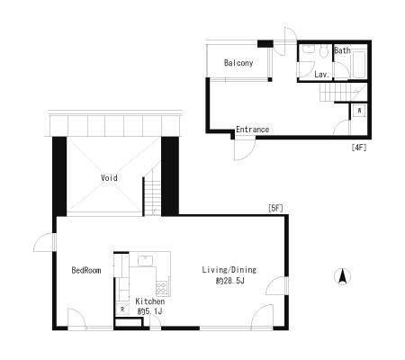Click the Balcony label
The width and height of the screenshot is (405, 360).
[238, 63]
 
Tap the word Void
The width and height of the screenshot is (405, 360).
[109, 178]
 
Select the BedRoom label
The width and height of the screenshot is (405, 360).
[86, 270]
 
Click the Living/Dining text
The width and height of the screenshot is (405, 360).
[229, 270]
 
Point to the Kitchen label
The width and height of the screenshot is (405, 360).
[150, 301]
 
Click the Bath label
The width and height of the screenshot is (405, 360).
[342, 50]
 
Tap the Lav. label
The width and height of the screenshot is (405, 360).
[322, 75]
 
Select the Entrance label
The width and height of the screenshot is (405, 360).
[252, 130]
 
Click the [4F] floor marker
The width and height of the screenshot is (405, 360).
[359, 148]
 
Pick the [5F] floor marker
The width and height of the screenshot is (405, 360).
[275, 208]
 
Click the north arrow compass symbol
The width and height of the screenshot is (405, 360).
[342, 276]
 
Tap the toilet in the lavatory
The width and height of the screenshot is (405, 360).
[323, 51]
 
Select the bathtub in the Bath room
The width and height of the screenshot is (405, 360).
[359, 65]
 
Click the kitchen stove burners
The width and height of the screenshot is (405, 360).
[162, 288]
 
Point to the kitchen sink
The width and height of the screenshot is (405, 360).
[146, 260]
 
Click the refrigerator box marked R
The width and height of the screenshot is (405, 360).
[122, 309]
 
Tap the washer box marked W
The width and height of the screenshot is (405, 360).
[359, 111]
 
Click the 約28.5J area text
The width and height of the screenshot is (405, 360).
[230, 281]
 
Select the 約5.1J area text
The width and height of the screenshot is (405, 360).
[149, 311]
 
